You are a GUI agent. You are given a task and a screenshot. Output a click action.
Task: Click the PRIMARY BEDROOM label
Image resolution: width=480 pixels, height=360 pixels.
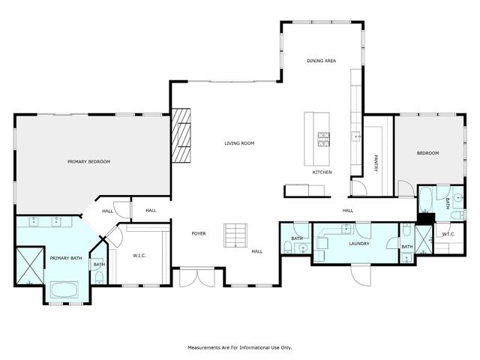click(88, 162)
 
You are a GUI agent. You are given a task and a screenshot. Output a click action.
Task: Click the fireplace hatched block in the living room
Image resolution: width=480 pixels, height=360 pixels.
click(181, 136)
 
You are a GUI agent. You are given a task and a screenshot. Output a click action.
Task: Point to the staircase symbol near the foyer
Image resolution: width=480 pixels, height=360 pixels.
click(235, 235)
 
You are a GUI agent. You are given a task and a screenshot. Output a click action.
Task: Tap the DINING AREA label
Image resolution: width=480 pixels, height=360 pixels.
click(321, 60)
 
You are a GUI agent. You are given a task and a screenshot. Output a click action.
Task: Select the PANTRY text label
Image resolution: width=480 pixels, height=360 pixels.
click(376, 163)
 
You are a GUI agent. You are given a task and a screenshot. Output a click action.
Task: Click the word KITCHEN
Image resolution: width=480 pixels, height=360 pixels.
click(322, 172)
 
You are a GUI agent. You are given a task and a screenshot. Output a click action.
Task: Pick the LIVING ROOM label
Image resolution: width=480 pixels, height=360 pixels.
click(240, 143)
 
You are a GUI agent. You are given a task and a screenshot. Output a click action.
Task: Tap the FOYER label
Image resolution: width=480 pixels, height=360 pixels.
click(199, 233)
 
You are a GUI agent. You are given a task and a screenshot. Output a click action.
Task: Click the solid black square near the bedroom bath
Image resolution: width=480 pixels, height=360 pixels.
click(427, 218)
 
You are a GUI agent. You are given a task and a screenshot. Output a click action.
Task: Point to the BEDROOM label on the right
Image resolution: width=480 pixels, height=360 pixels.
click(428, 153)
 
